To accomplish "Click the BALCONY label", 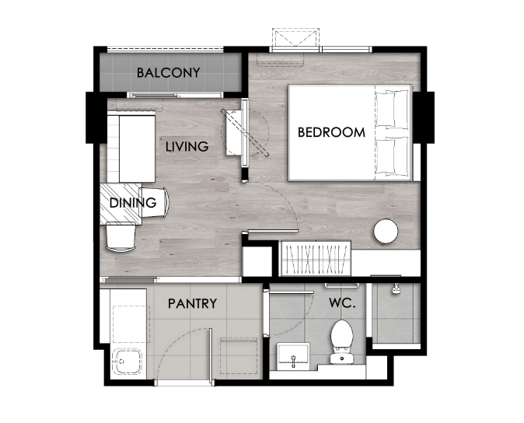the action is tap(168, 72).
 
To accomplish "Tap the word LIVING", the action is tap(187, 146).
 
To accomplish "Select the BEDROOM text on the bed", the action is tap(331, 132).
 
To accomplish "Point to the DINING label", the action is tap(133, 202).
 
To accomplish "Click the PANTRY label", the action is tap(192, 303).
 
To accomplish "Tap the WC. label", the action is tap(342, 303).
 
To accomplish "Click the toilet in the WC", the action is tap(342, 341).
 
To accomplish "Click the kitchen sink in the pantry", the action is tap(127, 362).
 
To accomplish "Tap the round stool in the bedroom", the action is tap(386, 231).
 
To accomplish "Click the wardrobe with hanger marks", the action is tap(316, 258).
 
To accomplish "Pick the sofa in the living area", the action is tap(131, 149).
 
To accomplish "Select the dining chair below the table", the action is tap(121, 237).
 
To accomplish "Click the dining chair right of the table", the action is tap(155, 202).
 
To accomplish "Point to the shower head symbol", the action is tap(396, 288).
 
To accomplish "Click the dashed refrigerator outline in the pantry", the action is tap(239, 356).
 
